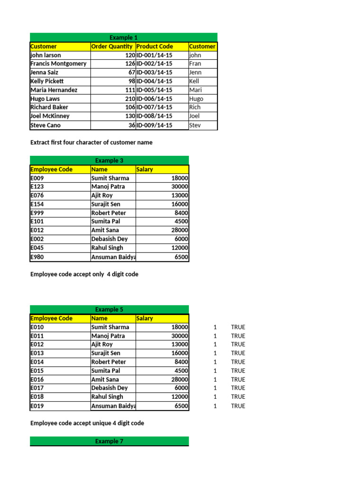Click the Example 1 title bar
pyautogui.click(x=123, y=37)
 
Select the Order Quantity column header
pyautogui.click(x=112, y=46)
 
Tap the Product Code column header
pyautogui.click(x=155, y=46)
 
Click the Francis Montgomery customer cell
pyautogui.click(x=58, y=63)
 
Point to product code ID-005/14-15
pyautogui.click(x=155, y=90)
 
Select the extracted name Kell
pyautogui.click(x=194, y=81)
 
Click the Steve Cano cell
pyautogui.click(x=45, y=126)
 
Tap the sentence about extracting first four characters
pyautogui.click(x=91, y=143)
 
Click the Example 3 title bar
pyautogui.click(x=109, y=161)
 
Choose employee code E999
pyautogui.click(x=38, y=213)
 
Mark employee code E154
pyautogui.click(x=38, y=204)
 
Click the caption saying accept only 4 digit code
pyautogui.click(x=84, y=274)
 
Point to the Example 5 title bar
pyautogui.click(x=109, y=310)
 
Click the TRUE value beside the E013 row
pyautogui.click(x=238, y=353)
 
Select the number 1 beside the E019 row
pyautogui.click(x=215, y=406)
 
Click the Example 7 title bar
pyautogui.click(x=109, y=441)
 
